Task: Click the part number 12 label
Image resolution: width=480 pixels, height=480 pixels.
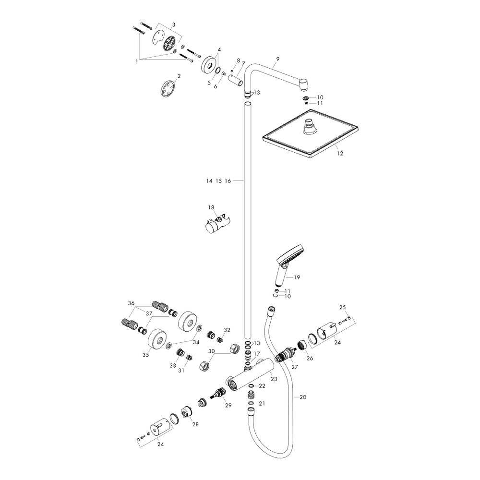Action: [340, 154]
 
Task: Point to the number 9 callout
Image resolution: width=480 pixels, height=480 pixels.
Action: [277, 58]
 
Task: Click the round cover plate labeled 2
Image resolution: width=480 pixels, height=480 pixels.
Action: [168, 89]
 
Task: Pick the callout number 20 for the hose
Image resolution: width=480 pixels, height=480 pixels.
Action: [302, 397]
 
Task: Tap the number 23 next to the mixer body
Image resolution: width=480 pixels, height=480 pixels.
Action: [274, 379]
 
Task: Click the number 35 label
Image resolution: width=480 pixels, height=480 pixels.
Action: [145, 355]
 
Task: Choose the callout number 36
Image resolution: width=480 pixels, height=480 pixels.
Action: [132, 303]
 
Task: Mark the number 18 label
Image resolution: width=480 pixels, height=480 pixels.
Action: [211, 207]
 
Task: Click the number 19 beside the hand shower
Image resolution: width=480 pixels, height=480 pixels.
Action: [297, 277]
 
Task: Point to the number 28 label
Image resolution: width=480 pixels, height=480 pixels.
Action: [195, 424]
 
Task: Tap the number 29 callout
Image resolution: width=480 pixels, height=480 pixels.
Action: [228, 405]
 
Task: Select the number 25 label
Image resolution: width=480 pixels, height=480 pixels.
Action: [343, 307]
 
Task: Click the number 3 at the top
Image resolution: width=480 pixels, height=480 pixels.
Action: [174, 24]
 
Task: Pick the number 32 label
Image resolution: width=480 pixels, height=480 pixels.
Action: [227, 330]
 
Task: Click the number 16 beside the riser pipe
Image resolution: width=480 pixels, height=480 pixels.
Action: [228, 181]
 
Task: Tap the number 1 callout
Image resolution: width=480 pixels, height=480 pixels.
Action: [137, 61]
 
